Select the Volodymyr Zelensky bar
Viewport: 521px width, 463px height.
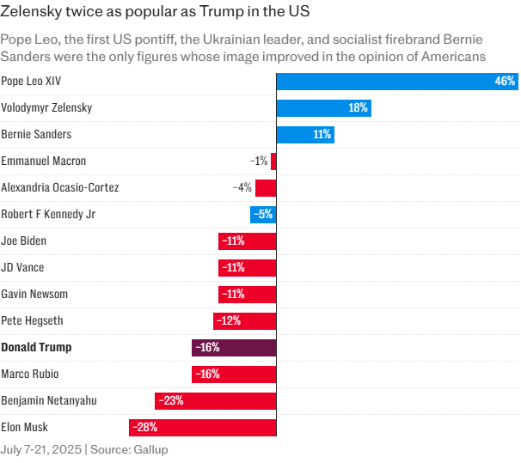(x=323, y=108)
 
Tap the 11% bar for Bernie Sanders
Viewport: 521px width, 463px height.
(x=304, y=135)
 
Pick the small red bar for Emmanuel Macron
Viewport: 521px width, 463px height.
(x=273, y=161)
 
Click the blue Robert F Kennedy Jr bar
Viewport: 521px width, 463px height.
(x=263, y=215)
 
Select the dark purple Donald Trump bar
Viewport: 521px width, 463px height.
(x=234, y=348)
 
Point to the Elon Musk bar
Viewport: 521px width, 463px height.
(x=202, y=427)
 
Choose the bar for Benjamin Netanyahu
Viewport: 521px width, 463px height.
(x=215, y=400)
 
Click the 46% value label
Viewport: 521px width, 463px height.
(x=505, y=82)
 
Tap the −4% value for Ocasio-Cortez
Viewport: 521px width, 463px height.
(x=242, y=188)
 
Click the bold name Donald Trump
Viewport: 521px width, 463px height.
(x=36, y=348)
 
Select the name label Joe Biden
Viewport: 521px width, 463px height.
(x=24, y=241)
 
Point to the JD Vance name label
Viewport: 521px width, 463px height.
(x=22, y=268)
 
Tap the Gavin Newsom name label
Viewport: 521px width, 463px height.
(x=34, y=295)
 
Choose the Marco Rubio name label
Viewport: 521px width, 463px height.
(x=30, y=375)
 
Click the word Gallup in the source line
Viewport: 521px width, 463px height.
(x=150, y=449)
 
